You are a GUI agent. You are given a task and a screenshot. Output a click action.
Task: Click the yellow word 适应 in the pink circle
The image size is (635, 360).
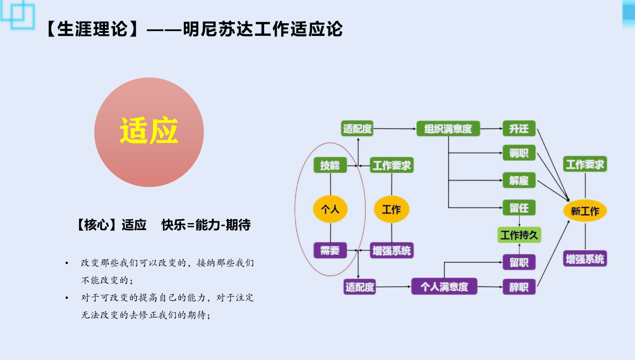(149, 131)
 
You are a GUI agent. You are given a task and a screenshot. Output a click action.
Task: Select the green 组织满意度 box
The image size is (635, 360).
(448, 129)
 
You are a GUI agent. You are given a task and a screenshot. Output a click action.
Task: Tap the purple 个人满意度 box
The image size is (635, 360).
(444, 287)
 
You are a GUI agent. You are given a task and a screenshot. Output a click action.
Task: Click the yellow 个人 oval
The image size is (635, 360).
(330, 209)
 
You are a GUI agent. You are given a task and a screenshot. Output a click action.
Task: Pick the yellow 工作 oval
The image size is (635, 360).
(391, 209)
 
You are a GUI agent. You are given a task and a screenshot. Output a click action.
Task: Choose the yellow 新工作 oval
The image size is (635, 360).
(585, 210)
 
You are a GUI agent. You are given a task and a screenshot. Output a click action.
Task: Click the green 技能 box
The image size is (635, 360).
(330, 165)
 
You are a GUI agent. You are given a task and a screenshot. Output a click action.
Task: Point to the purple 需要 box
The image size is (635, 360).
(330, 250)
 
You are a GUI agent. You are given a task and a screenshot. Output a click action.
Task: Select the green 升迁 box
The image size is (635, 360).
(519, 128)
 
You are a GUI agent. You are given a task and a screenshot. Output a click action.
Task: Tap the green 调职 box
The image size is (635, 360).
(519, 153)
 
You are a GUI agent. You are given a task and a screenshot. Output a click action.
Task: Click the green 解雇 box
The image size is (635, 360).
(519, 180)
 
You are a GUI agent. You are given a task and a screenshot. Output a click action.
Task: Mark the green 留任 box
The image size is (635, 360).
(519, 208)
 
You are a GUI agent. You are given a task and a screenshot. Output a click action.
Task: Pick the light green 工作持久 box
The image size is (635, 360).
(519, 235)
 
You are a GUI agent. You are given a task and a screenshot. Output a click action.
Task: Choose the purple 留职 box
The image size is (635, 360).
(519, 262)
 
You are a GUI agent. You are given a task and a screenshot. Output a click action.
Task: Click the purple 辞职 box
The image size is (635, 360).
(519, 287)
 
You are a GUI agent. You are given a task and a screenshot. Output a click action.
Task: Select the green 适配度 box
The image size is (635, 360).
(357, 129)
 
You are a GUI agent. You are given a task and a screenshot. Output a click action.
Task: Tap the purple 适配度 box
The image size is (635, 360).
(359, 287)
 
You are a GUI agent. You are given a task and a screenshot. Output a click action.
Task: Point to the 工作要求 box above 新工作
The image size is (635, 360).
(585, 164)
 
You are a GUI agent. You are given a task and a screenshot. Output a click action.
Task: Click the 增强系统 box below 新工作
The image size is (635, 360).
(585, 259)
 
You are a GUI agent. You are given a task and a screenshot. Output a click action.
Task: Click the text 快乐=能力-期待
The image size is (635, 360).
(206, 225)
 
